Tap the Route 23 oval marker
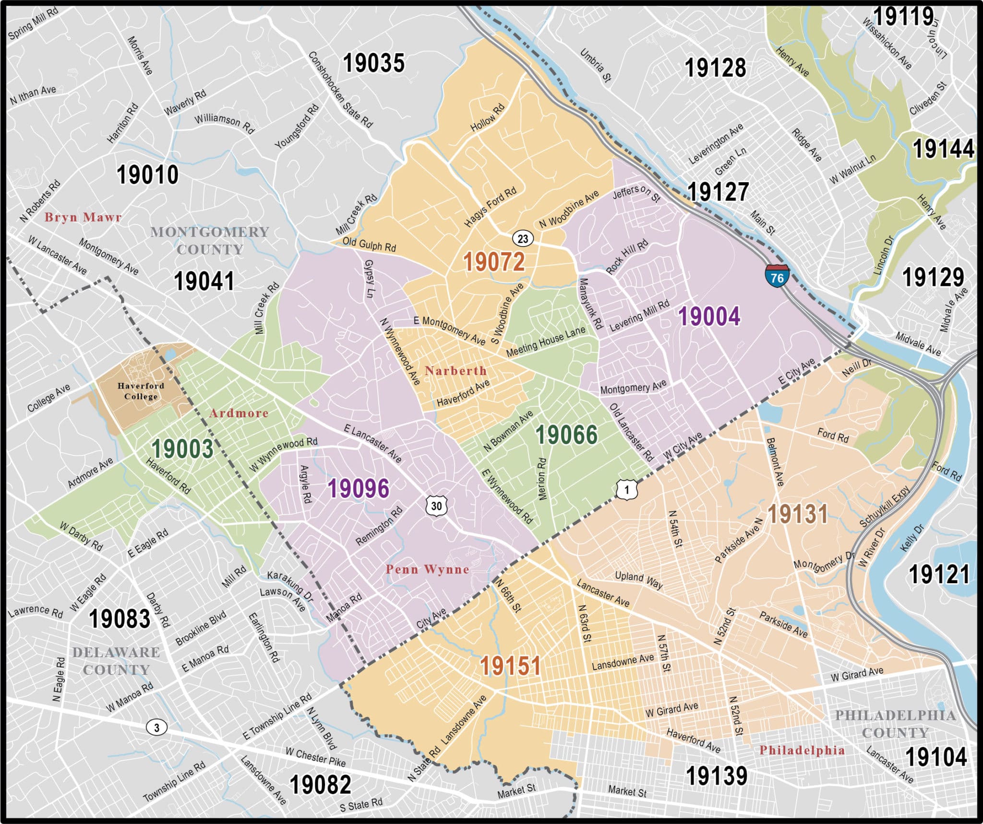coord(523,238)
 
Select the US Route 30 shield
coord(436,506)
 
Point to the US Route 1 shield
coord(626,490)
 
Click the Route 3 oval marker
coord(156,728)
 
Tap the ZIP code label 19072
coord(493,262)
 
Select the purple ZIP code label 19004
coord(709,317)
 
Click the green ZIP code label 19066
coord(566,435)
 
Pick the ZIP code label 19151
coord(510,666)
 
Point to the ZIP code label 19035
coord(374,63)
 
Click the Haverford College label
coord(141,391)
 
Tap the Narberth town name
coord(456,371)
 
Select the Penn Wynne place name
coord(427,569)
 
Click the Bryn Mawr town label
coord(83,217)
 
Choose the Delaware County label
coord(116,661)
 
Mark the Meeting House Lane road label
coord(546,341)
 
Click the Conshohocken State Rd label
coord(340,90)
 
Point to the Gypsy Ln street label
coord(369,279)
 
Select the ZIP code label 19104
coord(936,757)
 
